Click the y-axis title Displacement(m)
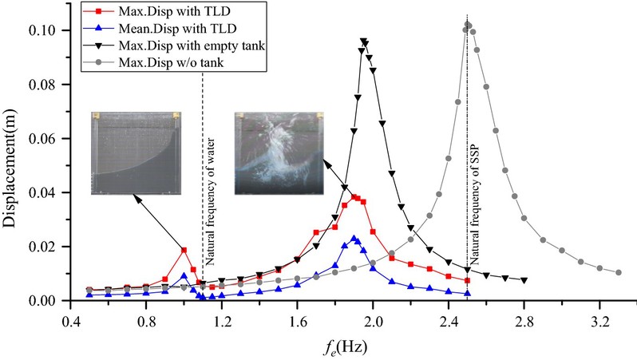(x=14, y=160)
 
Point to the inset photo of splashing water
(x=279, y=153)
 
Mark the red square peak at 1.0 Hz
(x=184, y=250)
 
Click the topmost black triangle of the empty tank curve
(x=364, y=42)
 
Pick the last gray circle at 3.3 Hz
(x=619, y=272)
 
